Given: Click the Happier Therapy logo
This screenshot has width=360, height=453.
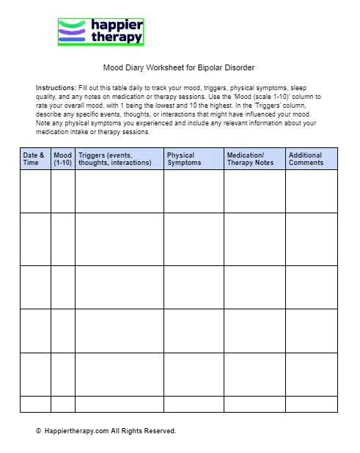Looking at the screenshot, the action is pyautogui.click(x=100, y=32).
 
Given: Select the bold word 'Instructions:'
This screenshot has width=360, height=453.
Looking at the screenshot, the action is pyautogui.click(x=56, y=88).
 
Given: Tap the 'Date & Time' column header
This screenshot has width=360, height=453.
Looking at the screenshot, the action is pyautogui.click(x=34, y=159).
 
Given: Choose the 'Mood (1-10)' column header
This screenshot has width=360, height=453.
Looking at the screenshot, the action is pyautogui.click(x=63, y=159).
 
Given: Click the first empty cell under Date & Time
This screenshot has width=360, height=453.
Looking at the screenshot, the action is pyautogui.click(x=35, y=191).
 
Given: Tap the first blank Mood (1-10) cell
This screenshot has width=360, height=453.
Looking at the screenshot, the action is pyautogui.click(x=63, y=191).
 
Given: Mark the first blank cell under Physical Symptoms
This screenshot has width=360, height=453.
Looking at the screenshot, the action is pyautogui.click(x=194, y=191).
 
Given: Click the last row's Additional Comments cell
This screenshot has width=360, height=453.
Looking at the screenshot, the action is pyautogui.click(x=311, y=404).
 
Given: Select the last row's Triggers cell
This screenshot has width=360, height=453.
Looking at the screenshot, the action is pyautogui.click(x=119, y=404).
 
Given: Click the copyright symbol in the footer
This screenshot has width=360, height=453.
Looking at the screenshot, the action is pyautogui.click(x=38, y=431).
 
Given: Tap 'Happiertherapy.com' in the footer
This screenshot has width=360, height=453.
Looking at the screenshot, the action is pyautogui.click(x=76, y=431).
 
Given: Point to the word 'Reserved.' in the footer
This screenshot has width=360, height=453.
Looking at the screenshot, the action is pyautogui.click(x=160, y=431).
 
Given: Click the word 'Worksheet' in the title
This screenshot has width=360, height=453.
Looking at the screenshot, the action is pyautogui.click(x=162, y=68).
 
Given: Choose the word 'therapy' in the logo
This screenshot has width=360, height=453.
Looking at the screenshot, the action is pyautogui.click(x=117, y=38).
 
